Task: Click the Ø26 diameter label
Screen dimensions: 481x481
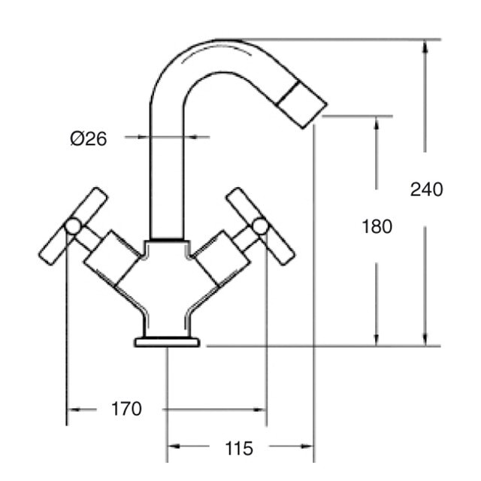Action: pyautogui.click(x=89, y=138)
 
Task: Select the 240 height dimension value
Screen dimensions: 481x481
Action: pyautogui.click(x=426, y=189)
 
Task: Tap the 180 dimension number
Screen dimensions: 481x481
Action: pyautogui.click(x=377, y=227)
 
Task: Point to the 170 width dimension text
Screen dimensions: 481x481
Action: pyautogui.click(x=126, y=409)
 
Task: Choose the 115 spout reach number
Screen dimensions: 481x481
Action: pyautogui.click(x=239, y=449)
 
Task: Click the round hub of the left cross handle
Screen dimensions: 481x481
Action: pyautogui.click(x=73, y=226)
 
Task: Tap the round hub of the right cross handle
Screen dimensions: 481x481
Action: pyautogui.click(x=260, y=226)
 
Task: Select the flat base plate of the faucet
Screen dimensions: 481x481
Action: pyautogui.click(x=167, y=342)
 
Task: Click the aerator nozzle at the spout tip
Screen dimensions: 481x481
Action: pyautogui.click(x=301, y=104)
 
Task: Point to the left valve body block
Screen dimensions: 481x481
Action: pyautogui.click(x=112, y=258)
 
